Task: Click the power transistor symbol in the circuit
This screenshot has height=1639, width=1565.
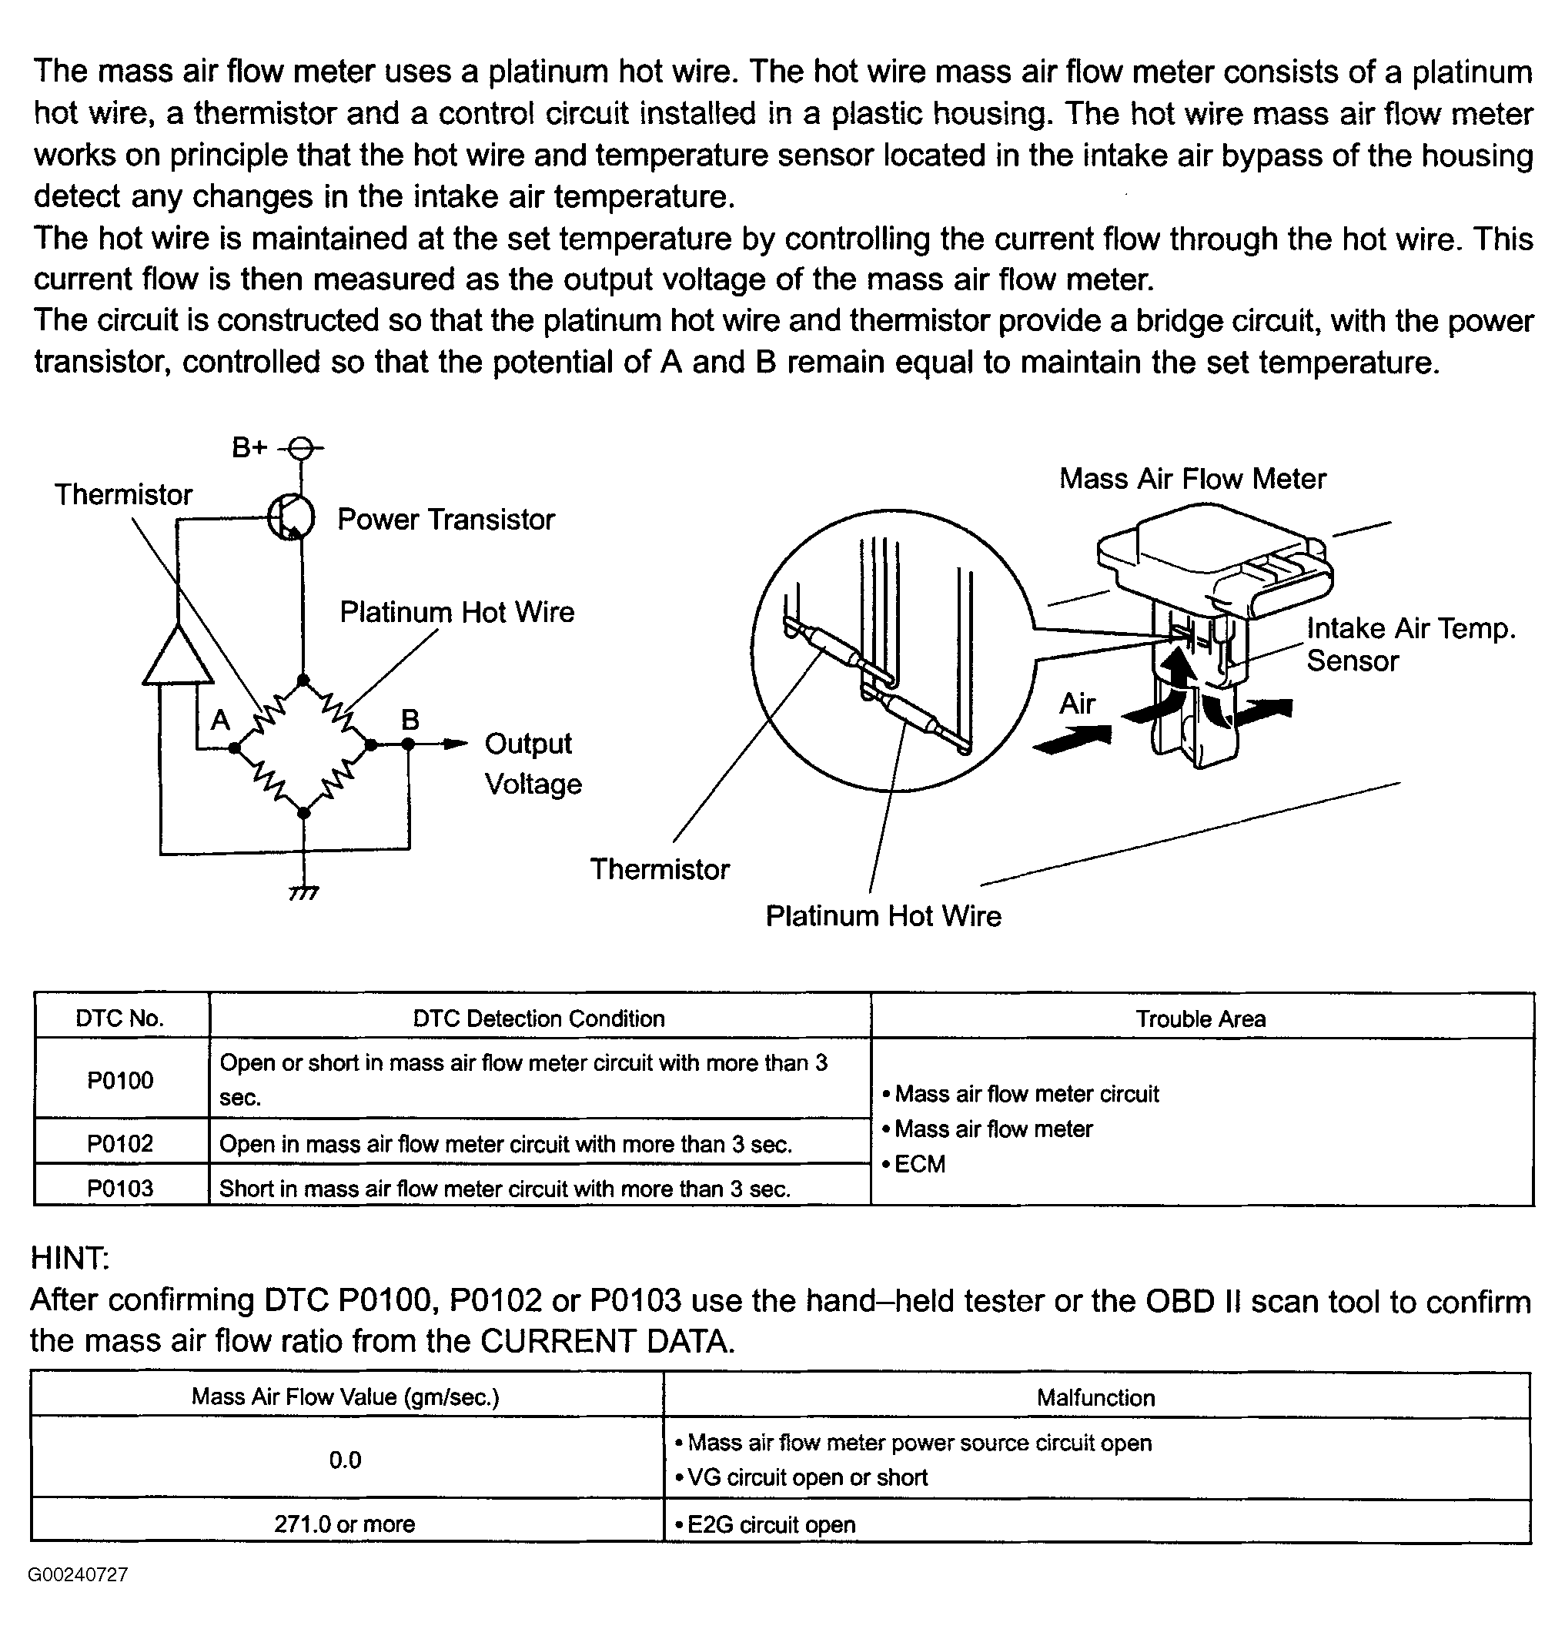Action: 291,518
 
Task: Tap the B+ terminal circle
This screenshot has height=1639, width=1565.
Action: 302,449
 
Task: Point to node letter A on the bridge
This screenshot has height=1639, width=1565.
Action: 220,719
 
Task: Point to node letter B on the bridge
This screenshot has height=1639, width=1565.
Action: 410,719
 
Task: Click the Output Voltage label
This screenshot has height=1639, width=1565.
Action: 532,763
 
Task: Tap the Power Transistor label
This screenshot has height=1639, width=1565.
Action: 446,520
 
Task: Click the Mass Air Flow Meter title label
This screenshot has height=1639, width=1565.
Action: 1192,479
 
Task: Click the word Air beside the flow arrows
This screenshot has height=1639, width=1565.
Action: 1077,704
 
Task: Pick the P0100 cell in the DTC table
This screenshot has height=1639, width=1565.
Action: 121,1080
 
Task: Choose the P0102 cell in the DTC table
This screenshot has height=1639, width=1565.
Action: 121,1142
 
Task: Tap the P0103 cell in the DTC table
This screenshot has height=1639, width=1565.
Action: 121,1188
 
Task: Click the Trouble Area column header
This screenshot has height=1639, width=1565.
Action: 1200,1019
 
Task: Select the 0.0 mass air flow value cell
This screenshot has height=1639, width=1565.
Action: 346,1460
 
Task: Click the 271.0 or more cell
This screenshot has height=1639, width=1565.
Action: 345,1524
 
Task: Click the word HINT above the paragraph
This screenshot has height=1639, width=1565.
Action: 70,1258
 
